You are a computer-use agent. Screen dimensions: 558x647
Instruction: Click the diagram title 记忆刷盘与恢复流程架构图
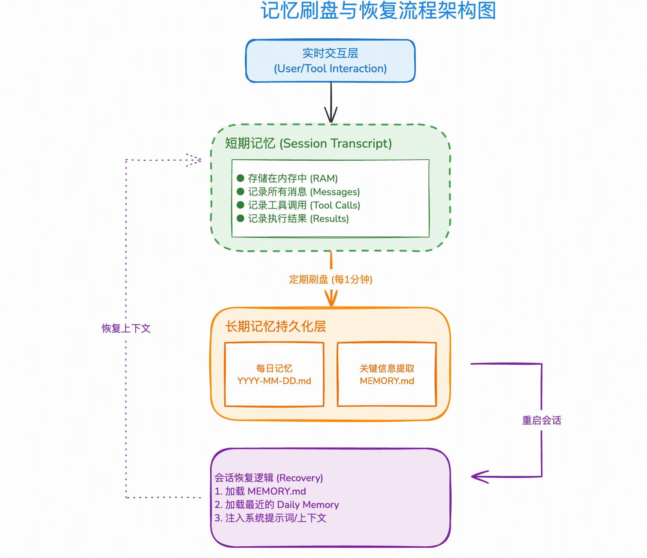point(378,11)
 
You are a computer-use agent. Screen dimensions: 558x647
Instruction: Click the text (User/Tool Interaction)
point(330,68)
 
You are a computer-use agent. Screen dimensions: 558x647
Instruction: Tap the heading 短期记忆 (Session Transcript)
point(308,143)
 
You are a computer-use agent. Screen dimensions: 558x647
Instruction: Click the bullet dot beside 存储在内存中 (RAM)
point(240,178)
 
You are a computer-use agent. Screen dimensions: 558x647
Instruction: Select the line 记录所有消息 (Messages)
point(304,192)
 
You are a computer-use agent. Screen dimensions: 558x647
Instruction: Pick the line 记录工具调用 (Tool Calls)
point(304,205)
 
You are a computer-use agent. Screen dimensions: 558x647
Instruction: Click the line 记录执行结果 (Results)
point(298,218)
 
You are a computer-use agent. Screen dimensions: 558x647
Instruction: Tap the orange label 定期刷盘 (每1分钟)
point(331,279)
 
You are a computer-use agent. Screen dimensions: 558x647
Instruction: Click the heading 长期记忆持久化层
point(276,326)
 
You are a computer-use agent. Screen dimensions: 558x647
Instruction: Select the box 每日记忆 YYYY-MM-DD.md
point(274,374)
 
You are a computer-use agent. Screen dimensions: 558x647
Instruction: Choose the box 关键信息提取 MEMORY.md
point(387,374)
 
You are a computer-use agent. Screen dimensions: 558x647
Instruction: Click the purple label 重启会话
point(541,420)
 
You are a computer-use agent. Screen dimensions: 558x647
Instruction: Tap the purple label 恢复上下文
point(126,328)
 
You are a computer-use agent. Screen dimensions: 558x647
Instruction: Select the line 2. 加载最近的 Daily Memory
point(277,504)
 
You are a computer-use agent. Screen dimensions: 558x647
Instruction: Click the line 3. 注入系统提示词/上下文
point(270,518)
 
